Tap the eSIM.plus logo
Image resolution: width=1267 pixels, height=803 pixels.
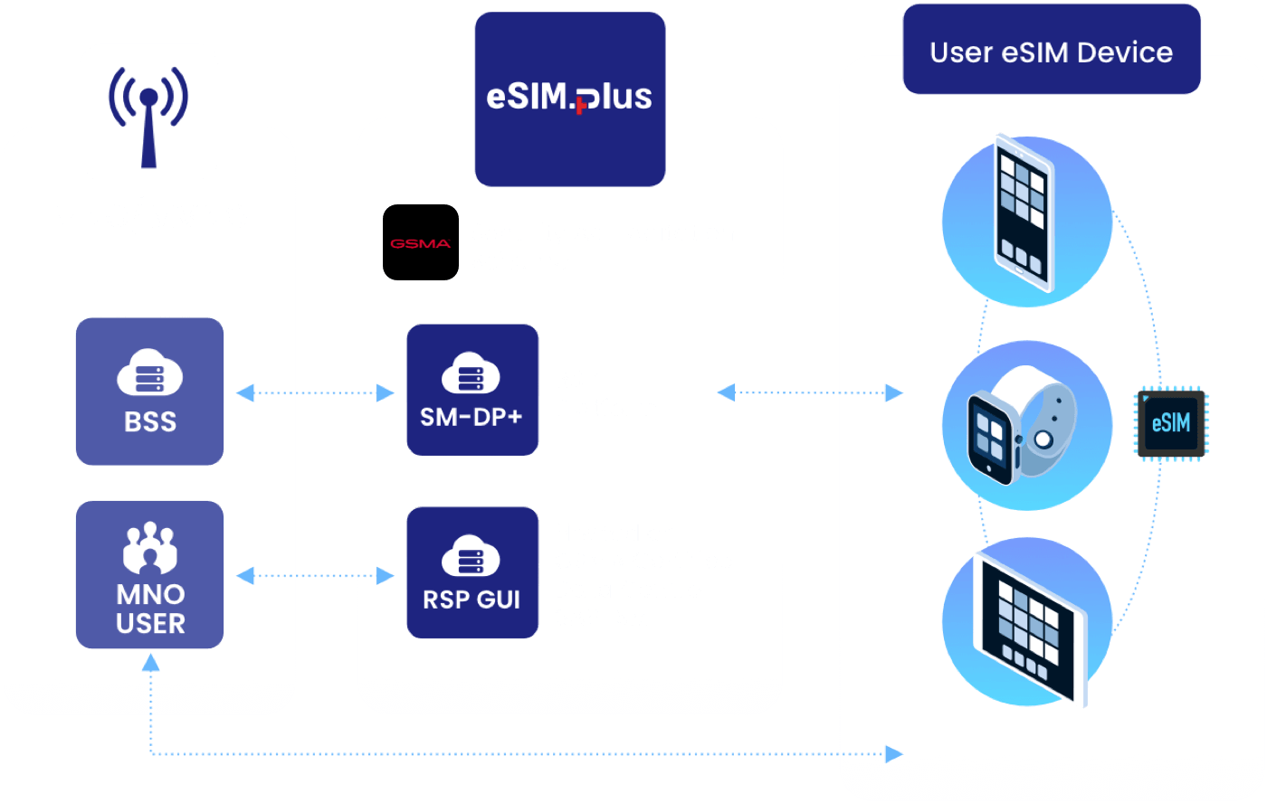pos(569,98)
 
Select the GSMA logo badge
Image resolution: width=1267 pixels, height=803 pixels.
pos(421,242)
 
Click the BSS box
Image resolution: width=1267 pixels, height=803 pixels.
pos(149,391)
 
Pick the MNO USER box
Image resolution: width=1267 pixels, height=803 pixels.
pos(149,574)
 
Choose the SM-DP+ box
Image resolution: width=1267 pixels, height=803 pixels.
pos(472,389)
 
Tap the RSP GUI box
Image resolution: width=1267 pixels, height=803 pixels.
pos(472,572)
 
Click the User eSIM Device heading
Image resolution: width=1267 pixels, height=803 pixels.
pos(1051,52)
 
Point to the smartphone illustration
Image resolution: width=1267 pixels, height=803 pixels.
pos(1026,214)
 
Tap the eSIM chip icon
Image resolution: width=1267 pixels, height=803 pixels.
pos(1171,423)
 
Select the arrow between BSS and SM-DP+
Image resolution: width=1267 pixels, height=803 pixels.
pos(315,392)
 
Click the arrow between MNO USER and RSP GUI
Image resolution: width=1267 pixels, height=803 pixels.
pos(315,575)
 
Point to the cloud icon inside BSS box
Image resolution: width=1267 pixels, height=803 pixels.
pos(149,374)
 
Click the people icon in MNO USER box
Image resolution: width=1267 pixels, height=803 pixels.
pos(149,548)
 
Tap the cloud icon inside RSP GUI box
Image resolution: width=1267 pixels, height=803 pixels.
pos(472,557)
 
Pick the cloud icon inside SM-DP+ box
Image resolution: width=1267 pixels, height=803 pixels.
pos(472,373)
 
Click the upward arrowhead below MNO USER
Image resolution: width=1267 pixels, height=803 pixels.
pos(150,663)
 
